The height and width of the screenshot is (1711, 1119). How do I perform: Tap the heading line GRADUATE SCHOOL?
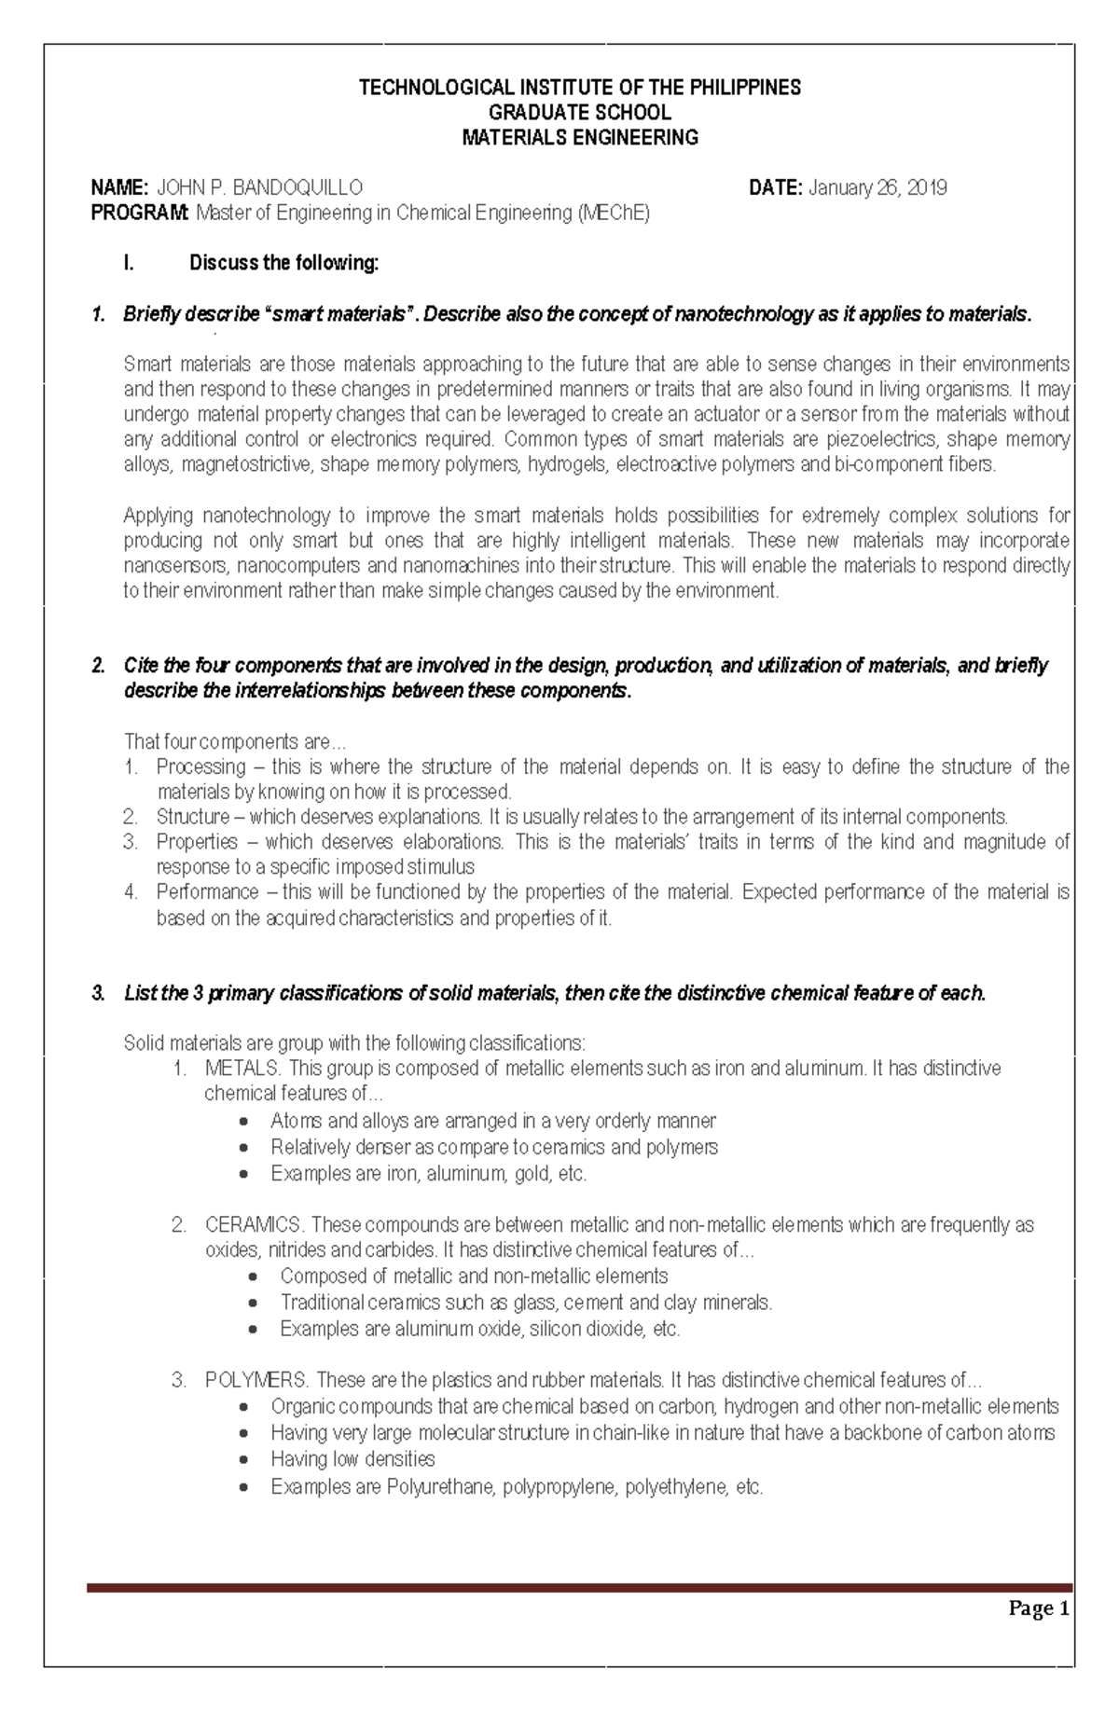pos(580,113)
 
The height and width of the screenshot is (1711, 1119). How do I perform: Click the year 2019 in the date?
pos(926,188)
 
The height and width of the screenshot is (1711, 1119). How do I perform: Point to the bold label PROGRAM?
pos(139,214)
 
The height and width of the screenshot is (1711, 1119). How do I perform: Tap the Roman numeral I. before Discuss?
pos(129,264)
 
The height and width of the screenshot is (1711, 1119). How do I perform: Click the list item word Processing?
pos(200,767)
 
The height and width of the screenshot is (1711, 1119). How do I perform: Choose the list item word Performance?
pos(207,892)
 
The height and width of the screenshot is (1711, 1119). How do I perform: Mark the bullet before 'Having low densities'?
pos(244,1460)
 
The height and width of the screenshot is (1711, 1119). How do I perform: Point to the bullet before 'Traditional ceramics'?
pos(254,1304)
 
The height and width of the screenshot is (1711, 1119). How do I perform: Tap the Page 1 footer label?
pos(1038,1609)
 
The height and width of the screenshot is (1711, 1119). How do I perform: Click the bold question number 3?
pos(98,994)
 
